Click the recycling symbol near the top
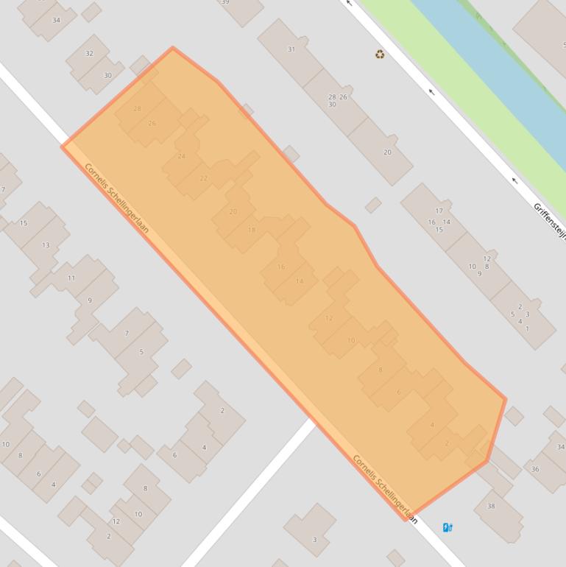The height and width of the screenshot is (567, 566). coord(380,54)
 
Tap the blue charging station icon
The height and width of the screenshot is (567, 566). coord(448,527)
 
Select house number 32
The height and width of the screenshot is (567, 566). coord(90,53)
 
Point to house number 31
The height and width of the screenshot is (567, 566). coord(291,49)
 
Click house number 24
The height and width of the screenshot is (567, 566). coord(181,156)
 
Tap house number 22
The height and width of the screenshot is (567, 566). coord(204,178)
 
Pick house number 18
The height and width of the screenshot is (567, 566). coord(252,230)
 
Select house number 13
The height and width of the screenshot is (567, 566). coord(46,245)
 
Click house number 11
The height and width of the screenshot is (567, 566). coord(71,278)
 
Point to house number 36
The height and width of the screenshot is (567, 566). coord(535,469)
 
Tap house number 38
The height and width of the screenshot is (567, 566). coord(491,506)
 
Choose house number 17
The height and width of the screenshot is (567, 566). coord(439,211)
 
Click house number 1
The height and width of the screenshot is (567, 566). coord(527,328)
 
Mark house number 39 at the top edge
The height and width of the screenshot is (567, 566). coord(225,2)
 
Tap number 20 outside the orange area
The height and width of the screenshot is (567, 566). coord(387,152)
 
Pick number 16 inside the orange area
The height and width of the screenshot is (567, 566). coord(280,267)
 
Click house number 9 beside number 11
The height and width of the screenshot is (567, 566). coord(90,300)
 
